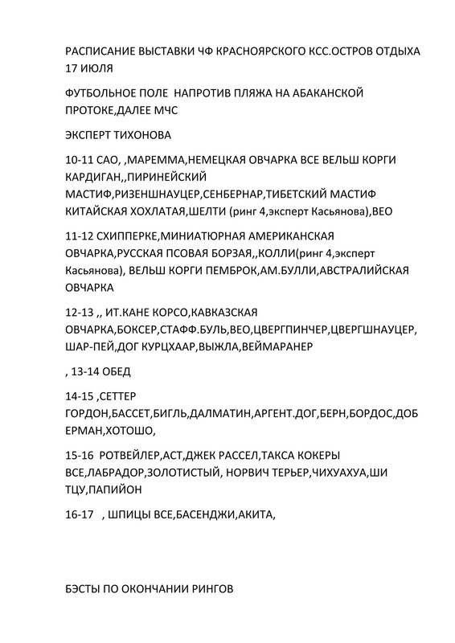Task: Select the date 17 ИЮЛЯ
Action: click(88, 68)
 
